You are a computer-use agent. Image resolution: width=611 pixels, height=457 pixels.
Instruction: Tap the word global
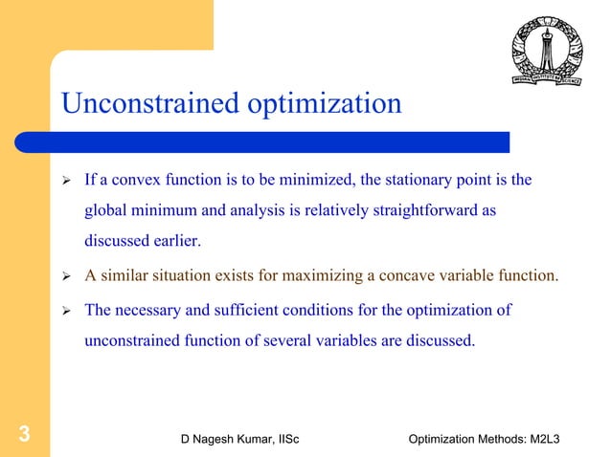tap(106, 210)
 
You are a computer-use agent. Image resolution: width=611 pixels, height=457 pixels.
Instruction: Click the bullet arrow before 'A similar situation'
tap(67, 277)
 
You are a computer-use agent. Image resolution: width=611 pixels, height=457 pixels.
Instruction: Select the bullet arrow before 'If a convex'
tap(67, 180)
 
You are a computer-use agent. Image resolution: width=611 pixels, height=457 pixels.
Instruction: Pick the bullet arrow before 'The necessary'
tap(67, 311)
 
